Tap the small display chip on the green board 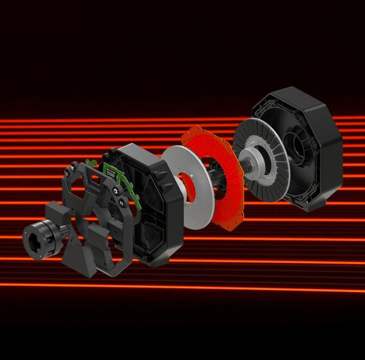coord(111,173)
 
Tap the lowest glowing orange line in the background coord(217,286)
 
